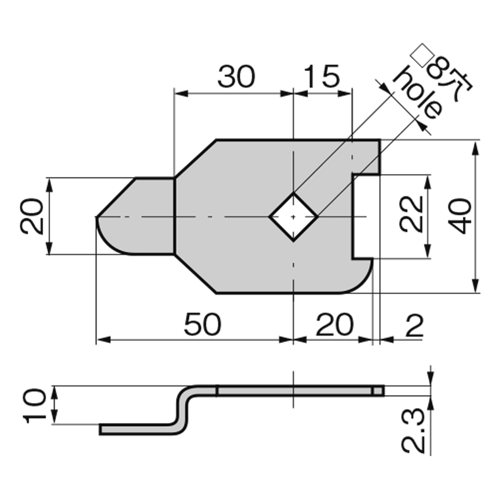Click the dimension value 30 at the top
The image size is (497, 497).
point(236,77)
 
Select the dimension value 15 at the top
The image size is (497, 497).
point(322,77)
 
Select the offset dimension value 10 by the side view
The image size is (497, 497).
point(35,405)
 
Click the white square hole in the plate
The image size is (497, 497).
point(293,216)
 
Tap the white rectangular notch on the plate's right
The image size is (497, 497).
point(366,216)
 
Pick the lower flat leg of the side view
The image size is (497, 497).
point(138,429)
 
